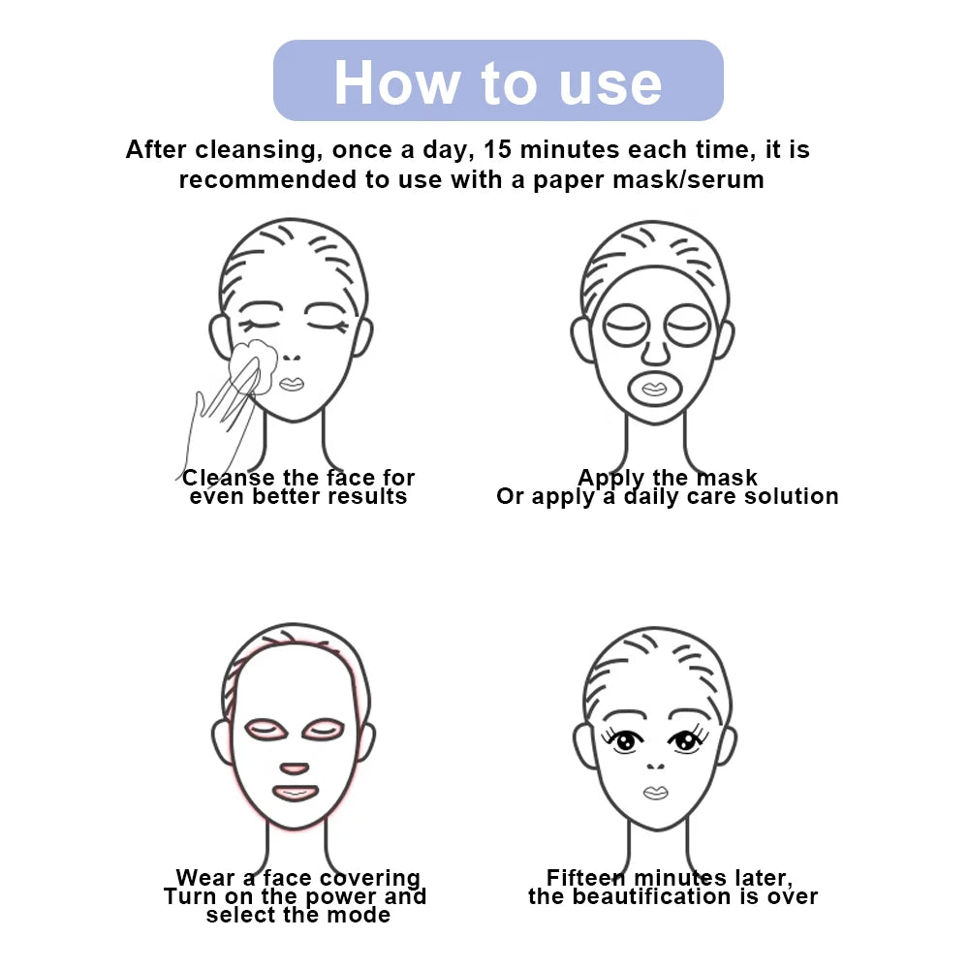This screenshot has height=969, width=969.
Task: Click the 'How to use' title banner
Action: pyautogui.click(x=498, y=81)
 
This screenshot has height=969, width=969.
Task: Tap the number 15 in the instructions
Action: pyautogui.click(x=500, y=150)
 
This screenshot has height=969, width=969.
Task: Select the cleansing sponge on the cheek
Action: pyautogui.click(x=253, y=363)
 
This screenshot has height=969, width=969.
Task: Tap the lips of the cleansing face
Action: pyautogui.click(x=291, y=384)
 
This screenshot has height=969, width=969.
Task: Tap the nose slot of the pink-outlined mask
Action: pyautogui.click(x=292, y=767)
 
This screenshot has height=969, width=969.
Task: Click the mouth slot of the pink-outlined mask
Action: pyautogui.click(x=294, y=793)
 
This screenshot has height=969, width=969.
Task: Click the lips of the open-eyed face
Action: pyautogui.click(x=656, y=793)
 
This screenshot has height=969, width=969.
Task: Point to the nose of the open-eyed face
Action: pyautogui.click(x=656, y=766)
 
